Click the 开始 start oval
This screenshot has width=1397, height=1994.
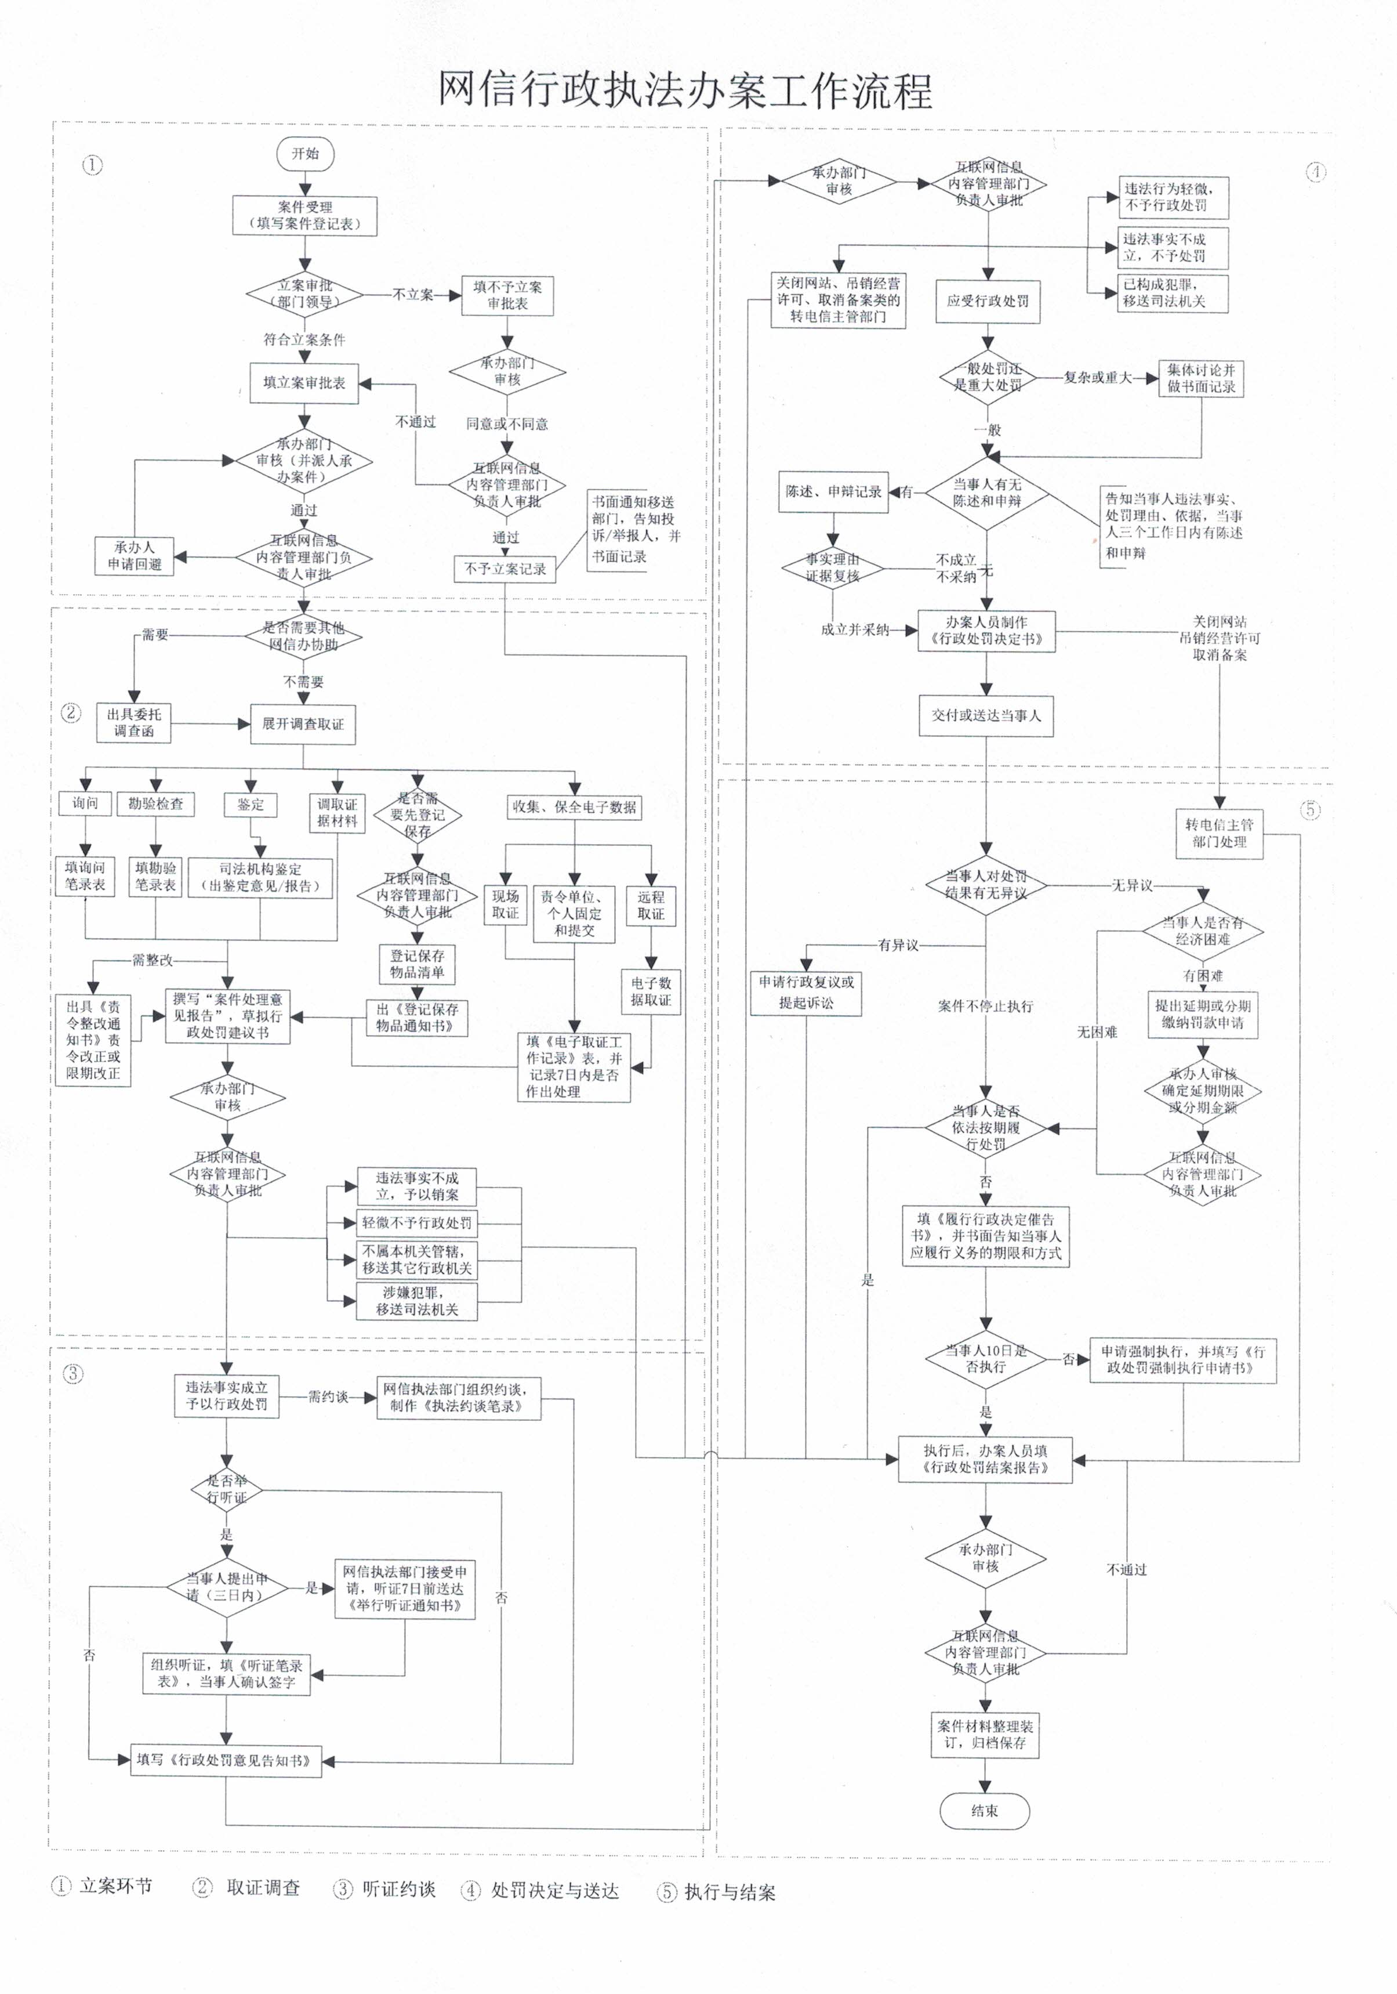pyautogui.click(x=305, y=154)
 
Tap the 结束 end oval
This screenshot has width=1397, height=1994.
pyautogui.click(x=985, y=1811)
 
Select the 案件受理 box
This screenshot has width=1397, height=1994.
pyautogui.click(x=305, y=215)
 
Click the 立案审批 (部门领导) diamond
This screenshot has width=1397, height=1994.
pyautogui.click(x=305, y=294)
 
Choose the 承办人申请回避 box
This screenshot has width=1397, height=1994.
pyautogui.click(x=135, y=556)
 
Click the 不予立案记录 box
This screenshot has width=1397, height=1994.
pyautogui.click(x=505, y=569)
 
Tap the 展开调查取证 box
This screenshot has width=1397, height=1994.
pyautogui.click(x=303, y=724)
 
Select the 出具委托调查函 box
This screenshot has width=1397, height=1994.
pyautogui.click(x=134, y=722)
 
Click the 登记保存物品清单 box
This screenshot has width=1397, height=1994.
pyautogui.click(x=417, y=964)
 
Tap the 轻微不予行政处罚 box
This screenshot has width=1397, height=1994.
pyautogui.click(x=417, y=1223)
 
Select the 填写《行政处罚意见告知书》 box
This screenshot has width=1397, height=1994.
pyautogui.click(x=226, y=1760)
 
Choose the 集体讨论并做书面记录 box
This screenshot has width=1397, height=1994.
pyautogui.click(x=1201, y=379)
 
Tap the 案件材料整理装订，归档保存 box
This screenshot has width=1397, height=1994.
pyautogui.click(x=985, y=1734)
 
